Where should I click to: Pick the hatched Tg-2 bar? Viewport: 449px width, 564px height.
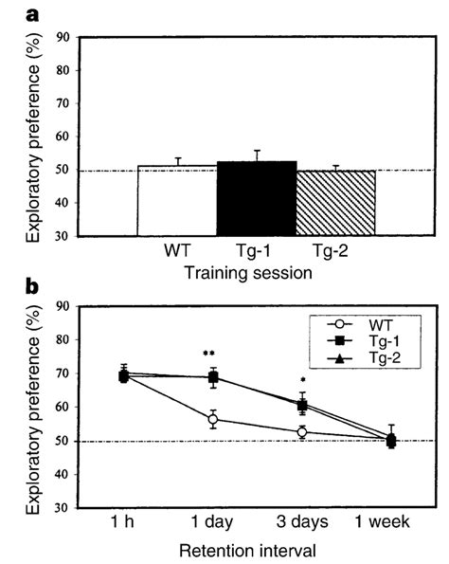[x=335, y=204]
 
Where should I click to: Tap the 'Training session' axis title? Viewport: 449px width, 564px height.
[x=249, y=271]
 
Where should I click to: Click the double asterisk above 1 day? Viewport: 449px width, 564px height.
[x=209, y=355]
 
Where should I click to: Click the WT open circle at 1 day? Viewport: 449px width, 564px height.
[x=212, y=419]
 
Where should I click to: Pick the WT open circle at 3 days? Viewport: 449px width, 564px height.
[x=301, y=432]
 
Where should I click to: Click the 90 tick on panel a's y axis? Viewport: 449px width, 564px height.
[x=63, y=39]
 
